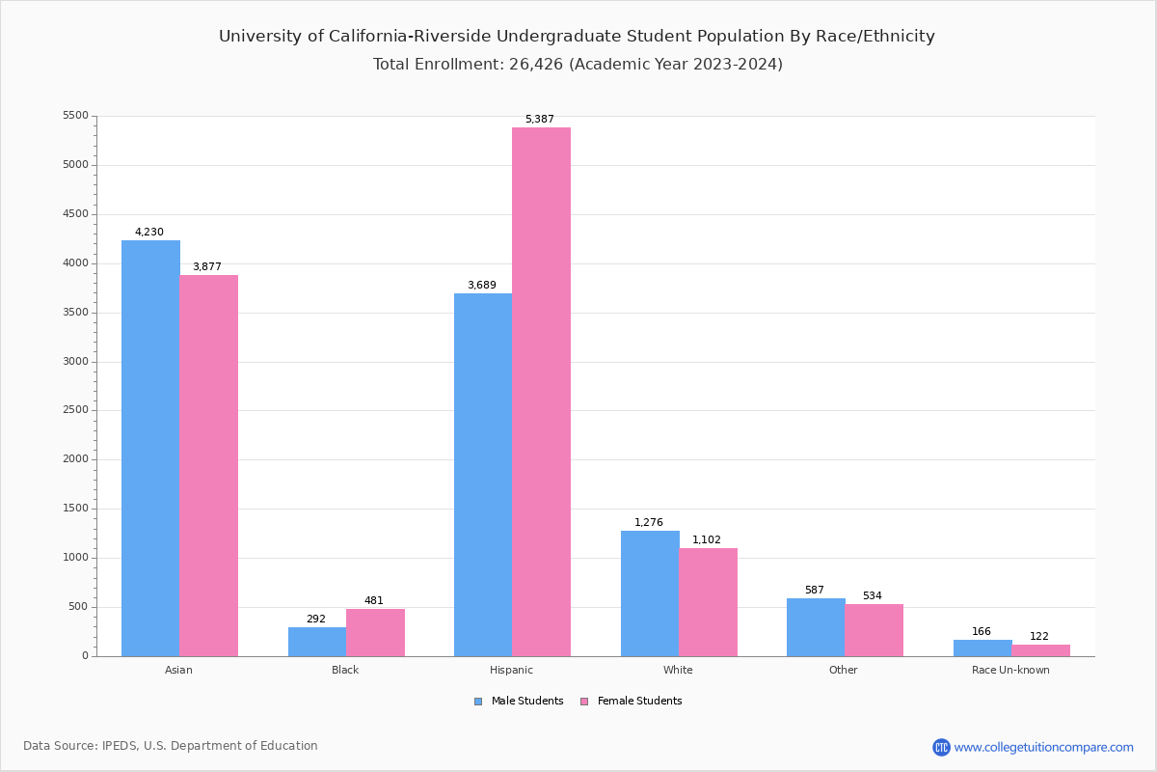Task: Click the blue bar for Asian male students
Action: pos(150,448)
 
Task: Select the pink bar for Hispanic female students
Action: pos(541,392)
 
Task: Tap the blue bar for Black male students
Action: pos(317,642)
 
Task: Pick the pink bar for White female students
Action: pos(708,602)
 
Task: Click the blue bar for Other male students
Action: pos(816,627)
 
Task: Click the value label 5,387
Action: pos(539,120)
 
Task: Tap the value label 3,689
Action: pos(481,286)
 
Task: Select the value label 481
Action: pos(373,601)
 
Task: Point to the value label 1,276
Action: pos(648,523)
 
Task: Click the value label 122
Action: pos(1038,637)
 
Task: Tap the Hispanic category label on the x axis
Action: pos(511,670)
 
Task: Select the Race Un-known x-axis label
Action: pos(1010,670)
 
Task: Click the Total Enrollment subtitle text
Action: pos(578,65)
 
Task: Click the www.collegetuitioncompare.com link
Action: pos(1043,747)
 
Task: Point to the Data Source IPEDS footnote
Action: pos(171,746)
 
